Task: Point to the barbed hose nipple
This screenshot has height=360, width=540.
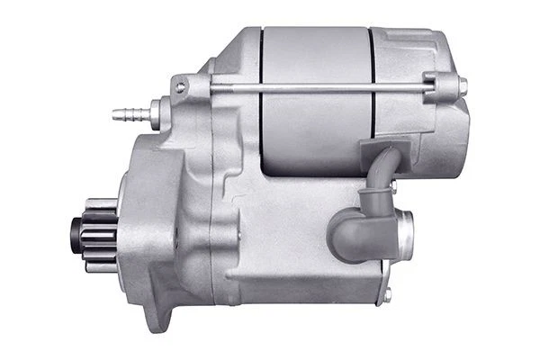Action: pos(125,114)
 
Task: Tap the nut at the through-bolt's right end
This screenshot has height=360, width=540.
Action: pos(462,86)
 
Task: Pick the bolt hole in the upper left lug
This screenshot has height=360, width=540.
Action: pos(181,87)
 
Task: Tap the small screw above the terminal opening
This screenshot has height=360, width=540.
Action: pos(391,186)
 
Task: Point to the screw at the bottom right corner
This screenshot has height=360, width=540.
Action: pos(387,292)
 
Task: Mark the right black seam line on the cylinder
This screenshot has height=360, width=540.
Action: pos(372,99)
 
